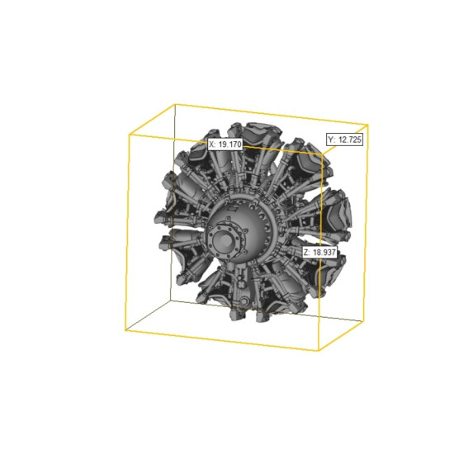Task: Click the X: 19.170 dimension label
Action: pos(225,144)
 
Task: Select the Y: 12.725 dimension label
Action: pos(344,140)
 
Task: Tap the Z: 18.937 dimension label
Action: pos(319,253)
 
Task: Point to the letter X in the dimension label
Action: pos(211,144)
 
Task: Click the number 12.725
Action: pos(350,140)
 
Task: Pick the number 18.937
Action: pos(324,253)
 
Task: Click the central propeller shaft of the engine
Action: pos(225,240)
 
